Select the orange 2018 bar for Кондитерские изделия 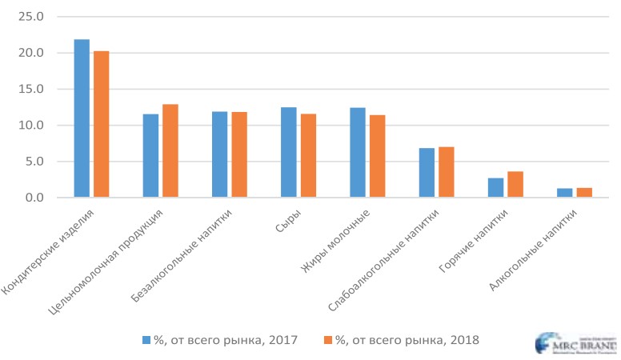[x=101, y=124]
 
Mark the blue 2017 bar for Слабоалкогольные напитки [x=427, y=173]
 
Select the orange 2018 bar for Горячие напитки [x=515, y=185]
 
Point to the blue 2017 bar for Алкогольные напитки [x=564, y=193]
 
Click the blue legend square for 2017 [x=146, y=340]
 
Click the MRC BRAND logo [x=575, y=342]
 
